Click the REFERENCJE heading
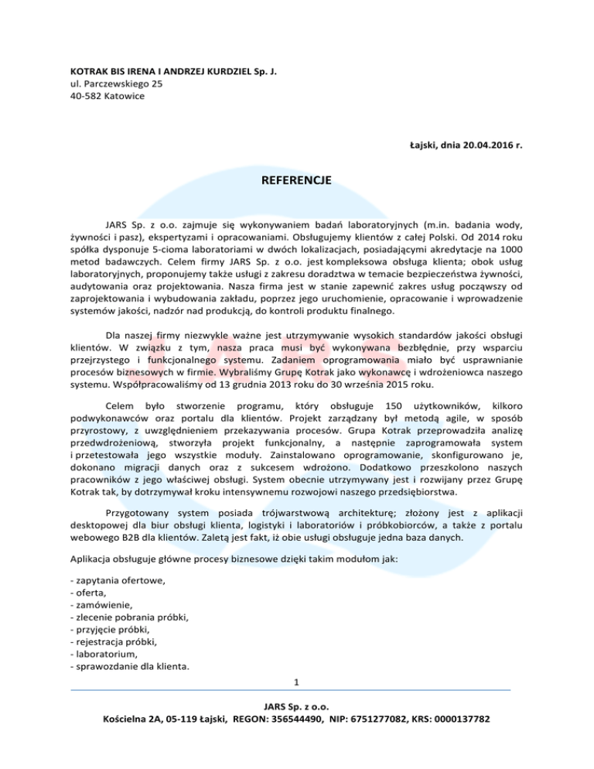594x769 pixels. [x=297, y=180]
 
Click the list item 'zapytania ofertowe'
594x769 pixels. [x=117, y=579]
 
